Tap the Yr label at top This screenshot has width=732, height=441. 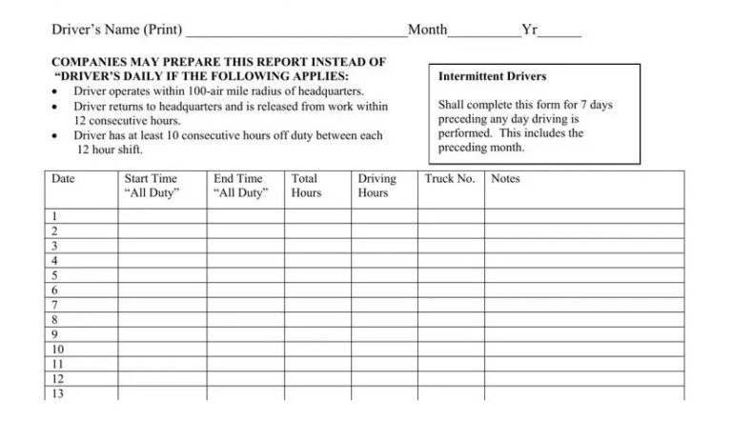point(530,30)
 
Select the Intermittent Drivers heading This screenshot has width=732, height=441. point(492,76)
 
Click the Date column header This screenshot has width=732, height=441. point(63,179)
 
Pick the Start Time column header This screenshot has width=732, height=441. point(151,186)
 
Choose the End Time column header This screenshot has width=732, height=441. point(239,186)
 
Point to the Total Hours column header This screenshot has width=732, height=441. point(305,186)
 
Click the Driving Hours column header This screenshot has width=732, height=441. point(376,186)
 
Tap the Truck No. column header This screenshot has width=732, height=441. point(449,179)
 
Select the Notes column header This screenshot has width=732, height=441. point(505,179)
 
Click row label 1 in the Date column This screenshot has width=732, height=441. point(54,216)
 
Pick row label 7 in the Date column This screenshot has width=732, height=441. point(54,305)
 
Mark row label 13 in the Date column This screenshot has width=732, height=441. point(57,393)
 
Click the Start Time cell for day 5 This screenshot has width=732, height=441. point(162,275)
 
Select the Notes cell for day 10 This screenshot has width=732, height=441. point(583,350)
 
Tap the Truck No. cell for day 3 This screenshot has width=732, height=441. point(450,246)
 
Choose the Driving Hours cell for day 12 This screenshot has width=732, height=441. point(383,379)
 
